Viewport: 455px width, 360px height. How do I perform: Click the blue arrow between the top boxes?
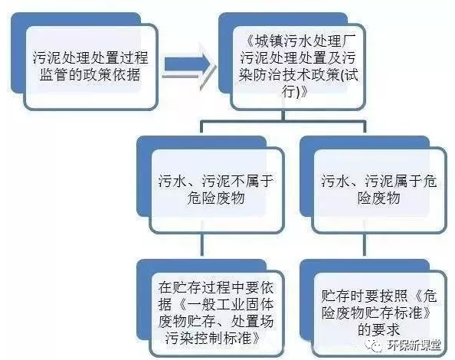pyautogui.click(x=188, y=65)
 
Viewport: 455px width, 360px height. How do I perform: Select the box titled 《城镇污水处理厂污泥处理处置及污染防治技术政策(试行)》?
pyautogui.click(x=298, y=67)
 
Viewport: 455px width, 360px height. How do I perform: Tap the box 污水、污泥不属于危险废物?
pyautogui.click(x=216, y=190)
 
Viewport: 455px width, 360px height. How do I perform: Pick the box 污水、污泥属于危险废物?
pyautogui.click(x=379, y=190)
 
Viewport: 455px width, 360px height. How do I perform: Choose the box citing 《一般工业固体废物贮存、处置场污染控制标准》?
pyautogui.click(x=216, y=314)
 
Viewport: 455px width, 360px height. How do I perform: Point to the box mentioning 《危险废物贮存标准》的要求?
pyautogui.click(x=379, y=314)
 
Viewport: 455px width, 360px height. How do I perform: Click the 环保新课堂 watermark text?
pyautogui.click(x=414, y=345)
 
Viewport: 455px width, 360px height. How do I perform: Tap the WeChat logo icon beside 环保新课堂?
pyautogui.click(x=375, y=345)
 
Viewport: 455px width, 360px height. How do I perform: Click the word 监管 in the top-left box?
pyautogui.click(x=54, y=75)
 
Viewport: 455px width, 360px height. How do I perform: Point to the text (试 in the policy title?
pyautogui.click(x=349, y=75)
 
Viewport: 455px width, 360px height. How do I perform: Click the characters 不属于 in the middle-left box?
pyautogui.click(x=252, y=182)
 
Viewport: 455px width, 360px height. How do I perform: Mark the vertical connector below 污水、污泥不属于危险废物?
pyautogui.click(x=202, y=244)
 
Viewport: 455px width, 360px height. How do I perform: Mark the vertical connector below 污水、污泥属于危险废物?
pyautogui.click(x=365, y=244)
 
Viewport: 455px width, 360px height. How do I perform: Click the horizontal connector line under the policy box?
pyautogui.click(x=283, y=123)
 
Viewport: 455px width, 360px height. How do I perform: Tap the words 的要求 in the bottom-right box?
pyautogui.click(x=379, y=330)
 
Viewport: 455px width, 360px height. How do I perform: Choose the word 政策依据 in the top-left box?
pyautogui.click(x=112, y=75)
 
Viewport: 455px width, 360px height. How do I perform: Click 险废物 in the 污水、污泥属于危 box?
pyautogui.click(x=379, y=198)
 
